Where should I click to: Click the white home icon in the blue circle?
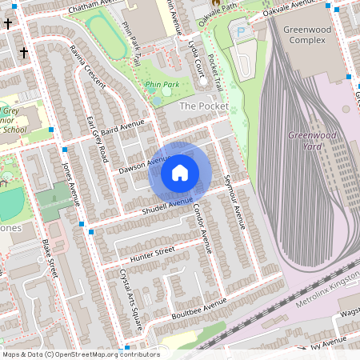180,172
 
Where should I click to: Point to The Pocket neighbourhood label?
203,106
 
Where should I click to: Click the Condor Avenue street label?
202,226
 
